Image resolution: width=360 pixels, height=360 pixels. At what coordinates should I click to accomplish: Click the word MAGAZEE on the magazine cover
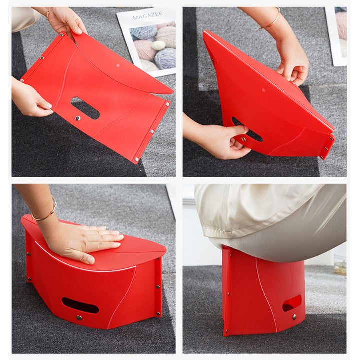click(147, 16)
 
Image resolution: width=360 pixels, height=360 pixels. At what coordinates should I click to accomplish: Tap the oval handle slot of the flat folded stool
click(85, 108)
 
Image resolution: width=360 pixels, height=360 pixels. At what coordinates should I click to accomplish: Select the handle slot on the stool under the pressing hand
click(80, 305)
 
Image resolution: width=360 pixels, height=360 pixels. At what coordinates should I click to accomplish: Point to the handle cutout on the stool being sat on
click(292, 303)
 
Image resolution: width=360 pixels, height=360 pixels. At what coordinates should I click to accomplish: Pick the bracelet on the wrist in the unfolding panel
click(271, 20)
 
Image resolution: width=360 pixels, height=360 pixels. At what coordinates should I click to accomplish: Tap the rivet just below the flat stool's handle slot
click(78, 118)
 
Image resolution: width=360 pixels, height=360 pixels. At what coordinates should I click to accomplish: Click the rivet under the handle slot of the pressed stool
click(79, 318)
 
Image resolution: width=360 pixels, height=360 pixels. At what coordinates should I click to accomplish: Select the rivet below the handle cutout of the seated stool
click(294, 317)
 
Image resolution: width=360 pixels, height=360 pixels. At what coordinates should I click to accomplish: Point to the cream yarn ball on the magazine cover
click(158, 45)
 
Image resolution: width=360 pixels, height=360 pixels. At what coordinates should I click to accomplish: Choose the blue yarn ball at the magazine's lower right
click(165, 59)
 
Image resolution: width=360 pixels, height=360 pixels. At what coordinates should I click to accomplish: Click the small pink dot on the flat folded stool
click(118, 65)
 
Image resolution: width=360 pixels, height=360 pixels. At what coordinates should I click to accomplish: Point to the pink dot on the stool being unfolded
click(263, 90)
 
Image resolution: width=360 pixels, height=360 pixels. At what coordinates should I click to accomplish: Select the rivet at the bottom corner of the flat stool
click(137, 159)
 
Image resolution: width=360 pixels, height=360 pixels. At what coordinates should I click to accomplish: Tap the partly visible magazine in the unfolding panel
click(336, 36)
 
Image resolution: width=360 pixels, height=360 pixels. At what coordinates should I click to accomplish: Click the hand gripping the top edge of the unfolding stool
click(292, 62)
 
